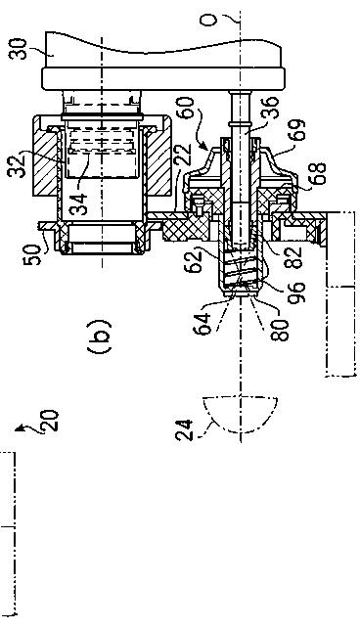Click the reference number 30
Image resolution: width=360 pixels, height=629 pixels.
(19, 49)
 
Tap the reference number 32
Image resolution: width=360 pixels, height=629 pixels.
(18, 165)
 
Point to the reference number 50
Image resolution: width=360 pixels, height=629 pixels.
(32, 254)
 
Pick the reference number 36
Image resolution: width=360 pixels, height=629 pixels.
(275, 109)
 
